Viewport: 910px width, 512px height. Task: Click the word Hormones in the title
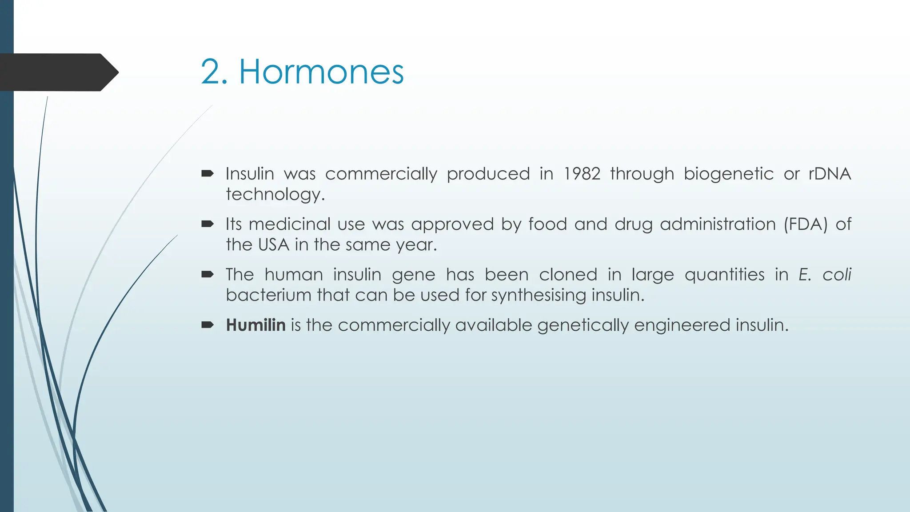click(321, 72)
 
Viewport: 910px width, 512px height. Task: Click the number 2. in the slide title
click(214, 72)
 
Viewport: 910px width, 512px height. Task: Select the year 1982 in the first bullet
click(582, 174)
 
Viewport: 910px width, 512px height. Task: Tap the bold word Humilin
click(255, 325)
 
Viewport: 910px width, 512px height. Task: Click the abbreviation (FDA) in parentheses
click(805, 224)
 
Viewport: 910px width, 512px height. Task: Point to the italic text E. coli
click(824, 275)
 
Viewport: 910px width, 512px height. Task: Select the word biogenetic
click(728, 174)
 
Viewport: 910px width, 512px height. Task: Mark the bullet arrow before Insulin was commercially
click(208, 174)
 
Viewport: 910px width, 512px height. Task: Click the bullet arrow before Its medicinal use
click(208, 224)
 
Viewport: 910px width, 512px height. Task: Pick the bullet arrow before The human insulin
click(208, 275)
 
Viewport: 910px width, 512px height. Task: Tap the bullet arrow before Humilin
click(208, 325)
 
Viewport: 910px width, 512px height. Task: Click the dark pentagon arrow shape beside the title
click(58, 72)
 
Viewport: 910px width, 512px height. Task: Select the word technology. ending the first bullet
click(275, 194)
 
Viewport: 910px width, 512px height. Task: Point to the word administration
click(718, 224)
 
